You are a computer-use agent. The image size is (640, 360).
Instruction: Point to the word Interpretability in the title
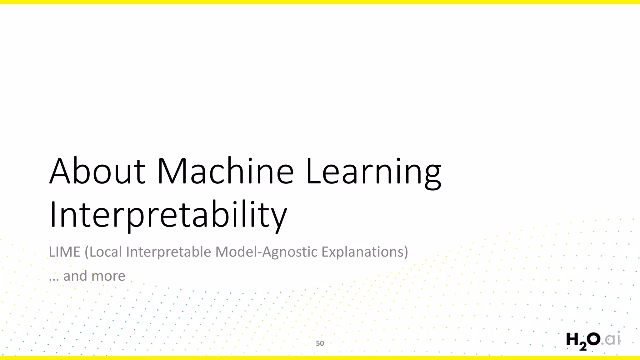tap(168, 215)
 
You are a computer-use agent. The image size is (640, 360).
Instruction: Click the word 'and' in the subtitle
tap(75, 276)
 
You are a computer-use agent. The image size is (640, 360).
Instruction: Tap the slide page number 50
tap(320, 343)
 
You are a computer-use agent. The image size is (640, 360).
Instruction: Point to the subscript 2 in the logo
tap(583, 346)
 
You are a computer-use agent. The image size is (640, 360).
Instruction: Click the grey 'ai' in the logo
tap(613, 339)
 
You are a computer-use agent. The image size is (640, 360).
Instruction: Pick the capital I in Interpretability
tap(53, 215)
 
